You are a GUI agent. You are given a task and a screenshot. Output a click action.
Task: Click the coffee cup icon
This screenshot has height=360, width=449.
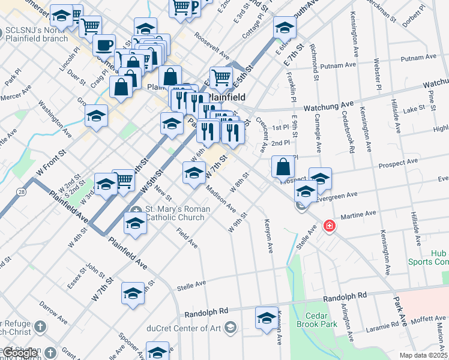104,45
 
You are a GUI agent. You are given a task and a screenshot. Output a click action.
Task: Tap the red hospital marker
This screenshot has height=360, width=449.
329,226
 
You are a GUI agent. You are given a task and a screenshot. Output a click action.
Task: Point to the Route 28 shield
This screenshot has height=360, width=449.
22,191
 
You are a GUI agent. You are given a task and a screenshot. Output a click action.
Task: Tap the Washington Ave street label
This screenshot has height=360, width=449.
54,115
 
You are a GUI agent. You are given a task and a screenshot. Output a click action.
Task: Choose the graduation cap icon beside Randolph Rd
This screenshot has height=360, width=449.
267,318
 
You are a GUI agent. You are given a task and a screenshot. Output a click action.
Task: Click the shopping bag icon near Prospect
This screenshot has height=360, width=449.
283,167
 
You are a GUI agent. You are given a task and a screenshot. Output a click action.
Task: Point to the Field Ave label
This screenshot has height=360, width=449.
187,238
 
